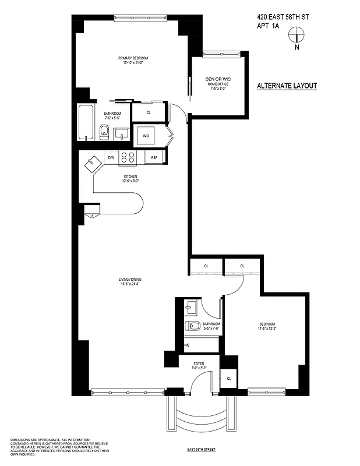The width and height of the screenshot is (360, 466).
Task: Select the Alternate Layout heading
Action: [287, 86]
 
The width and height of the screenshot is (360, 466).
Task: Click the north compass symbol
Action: [297, 38]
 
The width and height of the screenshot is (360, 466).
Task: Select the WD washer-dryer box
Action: [146, 136]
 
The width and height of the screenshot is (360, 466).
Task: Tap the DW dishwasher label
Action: [111, 157]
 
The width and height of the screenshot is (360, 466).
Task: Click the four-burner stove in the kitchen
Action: [128, 157]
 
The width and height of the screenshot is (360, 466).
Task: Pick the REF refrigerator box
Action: [154, 157]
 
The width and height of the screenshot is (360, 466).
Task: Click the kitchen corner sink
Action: [93, 164]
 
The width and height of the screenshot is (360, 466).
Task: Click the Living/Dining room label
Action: [130, 282]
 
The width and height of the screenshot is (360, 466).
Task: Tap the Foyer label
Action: [199, 366]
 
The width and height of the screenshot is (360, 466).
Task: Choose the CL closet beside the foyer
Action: [229, 378]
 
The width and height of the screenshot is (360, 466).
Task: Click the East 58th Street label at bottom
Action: [200, 450]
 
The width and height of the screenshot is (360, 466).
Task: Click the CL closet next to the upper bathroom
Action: [149, 112]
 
